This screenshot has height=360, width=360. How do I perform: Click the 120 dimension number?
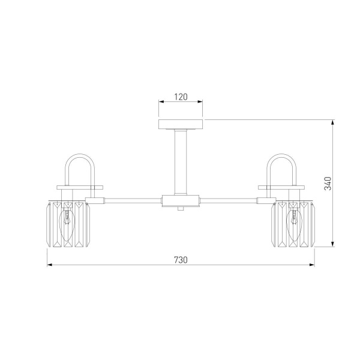click(181, 97)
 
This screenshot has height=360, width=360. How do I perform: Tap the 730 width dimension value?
click(181, 260)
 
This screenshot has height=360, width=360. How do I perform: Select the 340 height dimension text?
click(328, 184)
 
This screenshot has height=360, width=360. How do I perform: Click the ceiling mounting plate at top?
click(181, 124)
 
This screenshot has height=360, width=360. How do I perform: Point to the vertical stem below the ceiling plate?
click(181, 163)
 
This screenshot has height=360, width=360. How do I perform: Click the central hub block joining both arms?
click(181, 201)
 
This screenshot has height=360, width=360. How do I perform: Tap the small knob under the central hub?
click(181, 208)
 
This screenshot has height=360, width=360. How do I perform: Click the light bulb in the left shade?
click(67, 225)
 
